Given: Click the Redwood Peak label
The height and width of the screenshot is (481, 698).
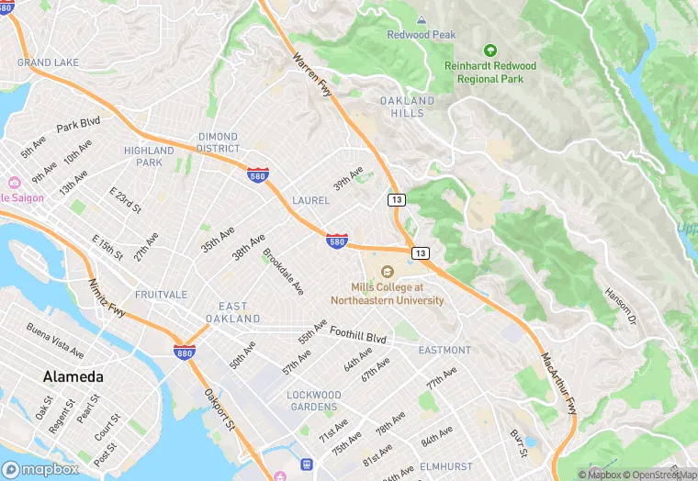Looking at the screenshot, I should tap(422, 35).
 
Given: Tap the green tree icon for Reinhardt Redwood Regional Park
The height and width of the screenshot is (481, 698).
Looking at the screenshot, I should tap(490, 50).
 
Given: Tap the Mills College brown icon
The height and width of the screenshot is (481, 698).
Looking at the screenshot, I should tap(388, 272).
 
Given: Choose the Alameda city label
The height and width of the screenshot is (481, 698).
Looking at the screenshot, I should tap(73, 377).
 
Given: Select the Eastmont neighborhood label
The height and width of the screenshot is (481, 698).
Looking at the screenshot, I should tap(445, 351).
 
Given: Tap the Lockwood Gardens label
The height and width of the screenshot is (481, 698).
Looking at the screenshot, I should tap(314, 401).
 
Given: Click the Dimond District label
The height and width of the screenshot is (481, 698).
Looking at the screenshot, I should tap(219, 142).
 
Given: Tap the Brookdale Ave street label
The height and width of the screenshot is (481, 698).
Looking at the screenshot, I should tap(283, 271).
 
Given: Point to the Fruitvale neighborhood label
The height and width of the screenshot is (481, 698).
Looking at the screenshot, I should tap(161, 295).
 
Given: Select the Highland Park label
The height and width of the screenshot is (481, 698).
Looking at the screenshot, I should tap(149, 157).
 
